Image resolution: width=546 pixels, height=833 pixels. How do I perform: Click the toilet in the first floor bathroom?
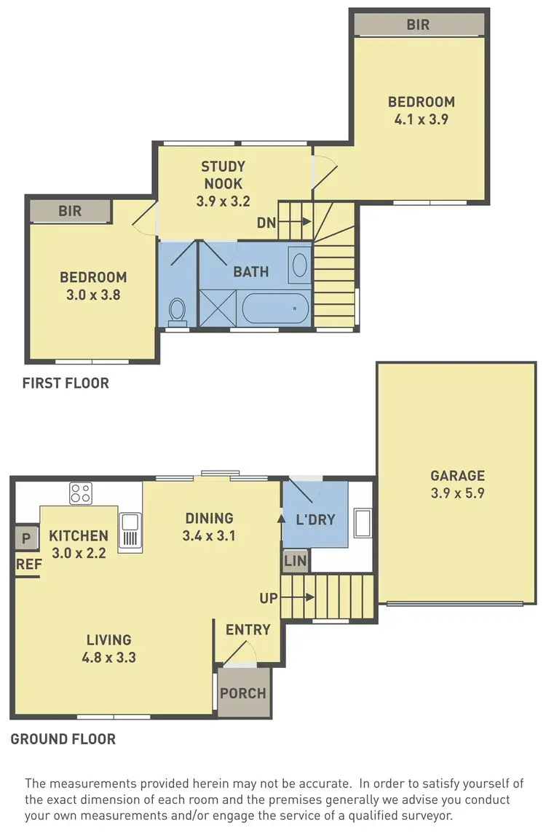point(176,311)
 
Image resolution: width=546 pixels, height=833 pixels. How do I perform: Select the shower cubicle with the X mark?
point(218,308)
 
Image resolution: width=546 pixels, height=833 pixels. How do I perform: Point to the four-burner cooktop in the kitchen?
point(80,494)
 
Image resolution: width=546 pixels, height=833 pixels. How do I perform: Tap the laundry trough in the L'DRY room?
point(362,523)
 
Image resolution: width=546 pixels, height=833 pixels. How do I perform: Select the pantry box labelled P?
point(26,539)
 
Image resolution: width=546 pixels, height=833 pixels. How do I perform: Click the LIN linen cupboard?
point(296,560)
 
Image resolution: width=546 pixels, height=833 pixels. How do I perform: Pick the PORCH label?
point(242,693)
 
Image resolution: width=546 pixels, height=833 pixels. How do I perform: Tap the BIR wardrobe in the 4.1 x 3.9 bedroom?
point(418,24)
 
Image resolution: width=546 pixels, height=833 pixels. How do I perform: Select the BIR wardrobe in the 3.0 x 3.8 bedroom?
point(70,212)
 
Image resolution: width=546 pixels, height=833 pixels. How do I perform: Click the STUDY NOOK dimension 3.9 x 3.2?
point(223,202)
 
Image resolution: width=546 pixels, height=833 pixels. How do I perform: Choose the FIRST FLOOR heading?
point(66,383)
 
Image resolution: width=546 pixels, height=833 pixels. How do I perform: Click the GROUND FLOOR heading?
point(63,739)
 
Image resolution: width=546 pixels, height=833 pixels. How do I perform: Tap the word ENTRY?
point(248,630)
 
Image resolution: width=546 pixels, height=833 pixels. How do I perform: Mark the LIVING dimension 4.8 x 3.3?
point(108,658)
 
